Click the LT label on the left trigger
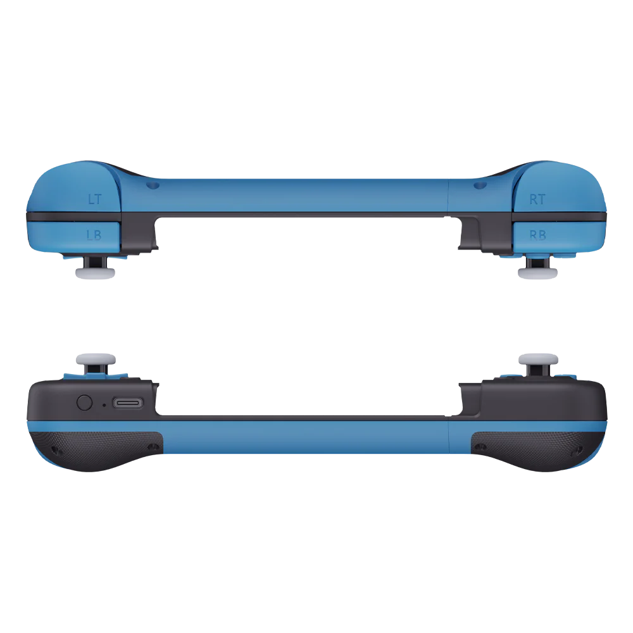(95, 199)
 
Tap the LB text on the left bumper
(94, 235)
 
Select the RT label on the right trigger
(537, 199)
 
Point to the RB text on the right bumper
(537, 235)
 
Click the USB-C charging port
(128, 403)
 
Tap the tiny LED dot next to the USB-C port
(104, 405)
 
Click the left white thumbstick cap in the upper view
(96, 272)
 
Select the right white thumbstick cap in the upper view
(537, 272)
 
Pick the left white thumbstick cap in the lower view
(96, 359)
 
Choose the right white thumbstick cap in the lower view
(539, 359)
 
